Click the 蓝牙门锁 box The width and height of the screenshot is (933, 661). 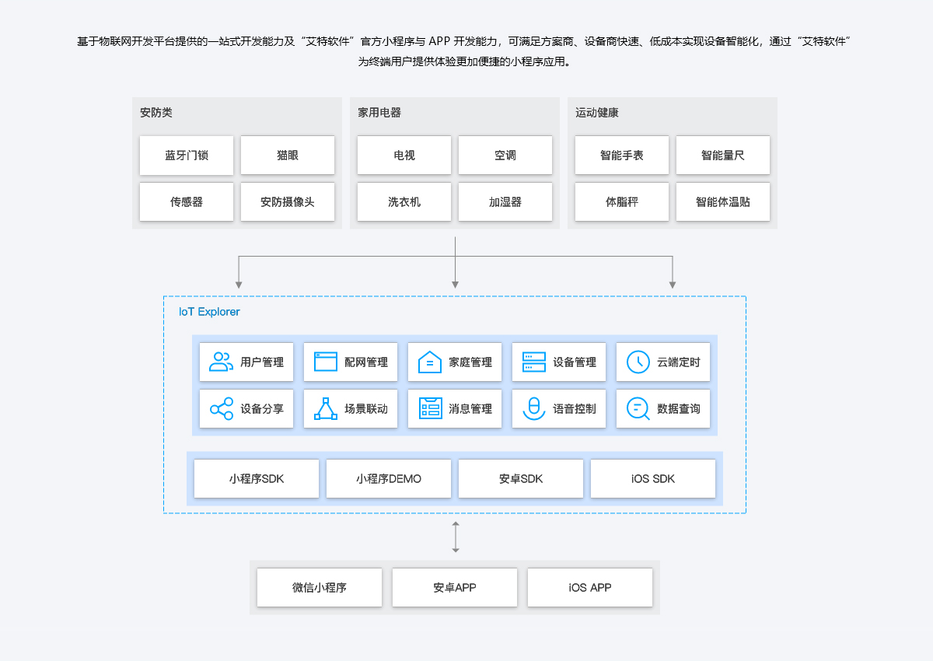tap(187, 156)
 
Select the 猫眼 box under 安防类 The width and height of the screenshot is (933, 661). tap(288, 156)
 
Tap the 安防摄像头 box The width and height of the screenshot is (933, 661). tap(288, 202)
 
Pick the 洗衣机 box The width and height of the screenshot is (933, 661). tap(404, 202)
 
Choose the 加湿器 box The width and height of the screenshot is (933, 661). tap(505, 202)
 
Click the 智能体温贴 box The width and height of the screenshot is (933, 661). tap(723, 202)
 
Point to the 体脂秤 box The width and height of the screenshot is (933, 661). tap(622, 202)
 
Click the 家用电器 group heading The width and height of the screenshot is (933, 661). tap(379, 113)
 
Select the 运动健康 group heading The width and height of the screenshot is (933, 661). tap(597, 113)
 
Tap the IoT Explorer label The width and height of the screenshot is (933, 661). tap(210, 312)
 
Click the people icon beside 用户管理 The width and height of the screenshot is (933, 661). tap(222, 362)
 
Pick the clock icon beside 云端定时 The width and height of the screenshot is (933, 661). tap(638, 362)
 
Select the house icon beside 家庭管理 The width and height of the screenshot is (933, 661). tap(430, 362)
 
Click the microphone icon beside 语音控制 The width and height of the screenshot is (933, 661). tap(534, 408)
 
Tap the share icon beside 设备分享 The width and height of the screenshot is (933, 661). tap(222, 408)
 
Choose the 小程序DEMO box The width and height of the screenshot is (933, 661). tap(389, 479)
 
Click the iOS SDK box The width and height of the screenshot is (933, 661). tap(653, 479)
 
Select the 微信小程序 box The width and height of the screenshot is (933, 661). tap(320, 588)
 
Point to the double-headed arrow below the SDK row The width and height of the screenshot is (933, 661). tap(456, 537)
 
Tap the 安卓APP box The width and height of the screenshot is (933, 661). tap(455, 588)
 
